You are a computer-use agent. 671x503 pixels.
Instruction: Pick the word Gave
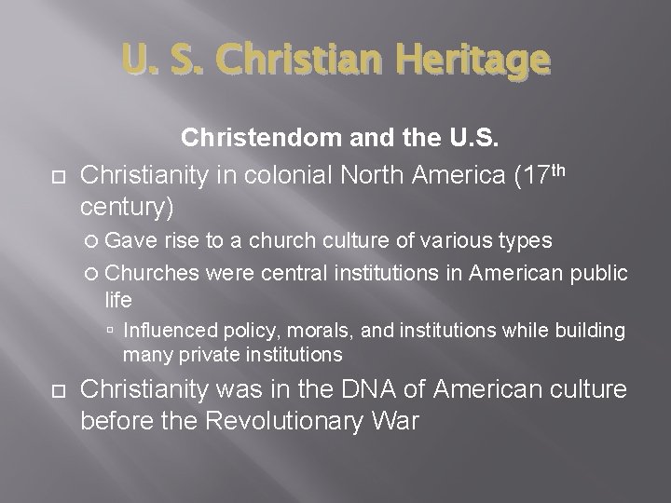132,241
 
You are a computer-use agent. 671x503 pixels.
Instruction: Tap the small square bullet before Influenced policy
111,332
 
